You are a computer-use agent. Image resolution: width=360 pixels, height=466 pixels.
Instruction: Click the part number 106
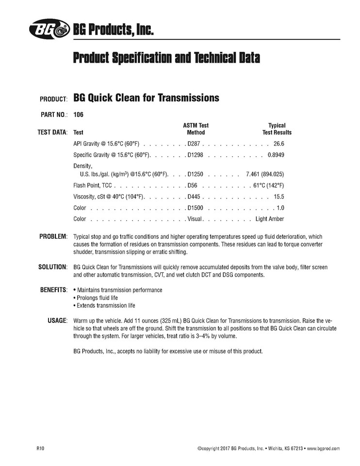[x=78, y=116]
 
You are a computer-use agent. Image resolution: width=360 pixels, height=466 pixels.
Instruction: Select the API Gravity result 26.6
[x=278, y=144]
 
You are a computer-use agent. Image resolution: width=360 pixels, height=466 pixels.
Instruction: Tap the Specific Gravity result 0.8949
[x=275, y=155]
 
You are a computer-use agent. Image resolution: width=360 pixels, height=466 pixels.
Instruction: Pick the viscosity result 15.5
[x=278, y=197]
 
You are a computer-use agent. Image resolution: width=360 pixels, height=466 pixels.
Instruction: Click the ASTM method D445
[x=194, y=197]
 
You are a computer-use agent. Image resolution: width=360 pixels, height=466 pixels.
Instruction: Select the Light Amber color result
[x=269, y=219]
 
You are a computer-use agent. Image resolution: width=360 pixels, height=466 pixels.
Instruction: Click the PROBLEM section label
[x=52, y=236]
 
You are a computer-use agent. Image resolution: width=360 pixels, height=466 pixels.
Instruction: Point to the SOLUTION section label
[x=52, y=267]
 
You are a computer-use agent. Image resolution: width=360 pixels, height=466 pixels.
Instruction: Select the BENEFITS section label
[x=53, y=290]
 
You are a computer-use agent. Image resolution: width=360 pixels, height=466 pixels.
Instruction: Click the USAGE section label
[x=57, y=321]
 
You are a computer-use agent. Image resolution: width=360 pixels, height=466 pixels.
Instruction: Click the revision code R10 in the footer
[x=40, y=449]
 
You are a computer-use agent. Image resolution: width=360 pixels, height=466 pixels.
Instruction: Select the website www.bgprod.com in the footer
[x=324, y=449]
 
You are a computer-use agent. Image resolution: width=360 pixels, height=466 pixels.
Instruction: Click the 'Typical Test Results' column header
[x=277, y=129]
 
